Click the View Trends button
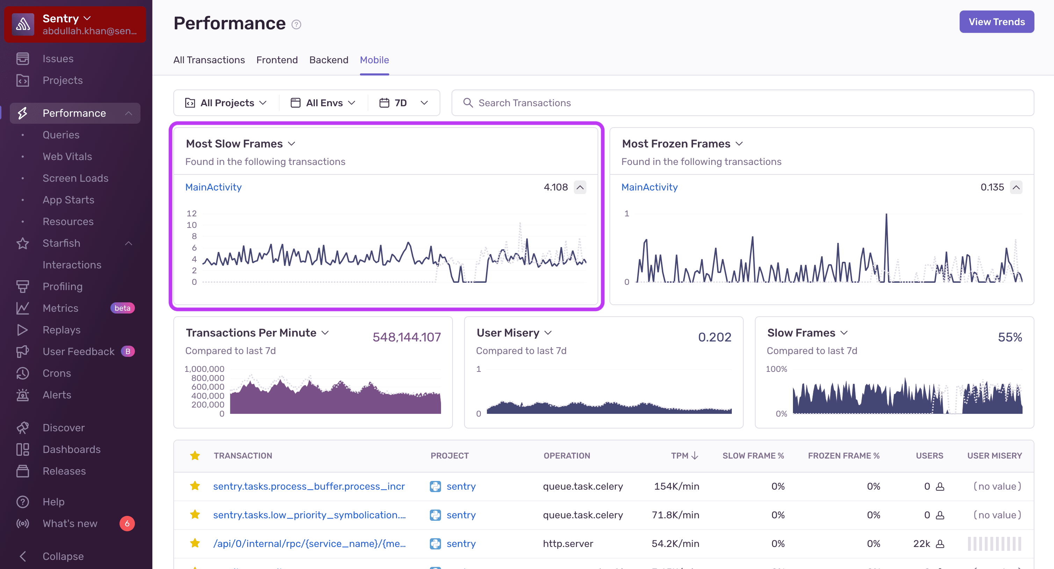pyautogui.click(x=996, y=22)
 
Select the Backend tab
pyautogui.click(x=329, y=60)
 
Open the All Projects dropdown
pyautogui.click(x=226, y=103)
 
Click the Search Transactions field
pyautogui.click(x=742, y=103)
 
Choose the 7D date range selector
pyautogui.click(x=403, y=103)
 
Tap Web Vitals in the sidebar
pyautogui.click(x=67, y=156)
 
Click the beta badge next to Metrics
pyautogui.click(x=122, y=308)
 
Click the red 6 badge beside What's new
pyautogui.click(x=127, y=523)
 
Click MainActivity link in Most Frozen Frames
pyautogui.click(x=649, y=187)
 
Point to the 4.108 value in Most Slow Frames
pyautogui.click(x=555, y=187)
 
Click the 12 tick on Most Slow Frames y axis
pyautogui.click(x=192, y=213)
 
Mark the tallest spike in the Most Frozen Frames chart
pyautogui.click(x=886, y=215)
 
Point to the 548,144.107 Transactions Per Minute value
pyautogui.click(x=406, y=337)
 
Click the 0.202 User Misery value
pyautogui.click(x=714, y=337)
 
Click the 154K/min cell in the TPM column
pyautogui.click(x=676, y=486)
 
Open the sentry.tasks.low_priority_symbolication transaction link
pyautogui.click(x=309, y=515)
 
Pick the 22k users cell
pyautogui.click(x=922, y=543)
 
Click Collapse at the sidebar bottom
pyautogui.click(x=63, y=556)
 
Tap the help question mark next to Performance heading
pyautogui.click(x=296, y=24)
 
